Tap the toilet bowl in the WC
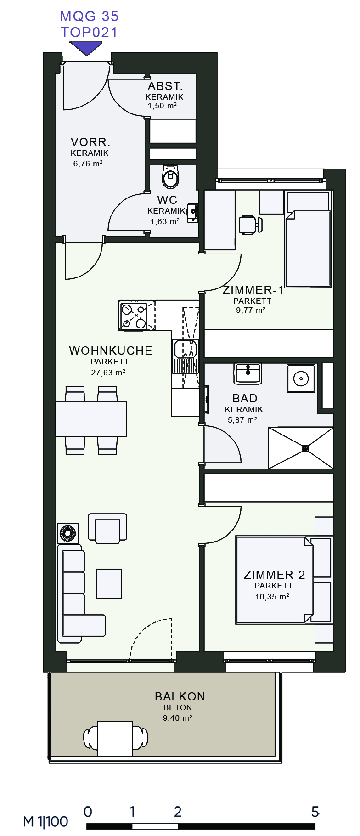171,176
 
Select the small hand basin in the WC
193,214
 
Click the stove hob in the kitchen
133,316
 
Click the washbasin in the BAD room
247,373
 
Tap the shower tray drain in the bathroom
305,447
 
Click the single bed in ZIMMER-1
308,239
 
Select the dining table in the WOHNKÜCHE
91,418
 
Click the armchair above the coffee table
107,528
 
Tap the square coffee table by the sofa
109,584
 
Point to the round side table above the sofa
67,533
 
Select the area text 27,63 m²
108,373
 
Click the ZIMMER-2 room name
274,575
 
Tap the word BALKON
180,696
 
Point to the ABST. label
165,86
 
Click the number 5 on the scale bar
315,812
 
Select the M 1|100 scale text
45,821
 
